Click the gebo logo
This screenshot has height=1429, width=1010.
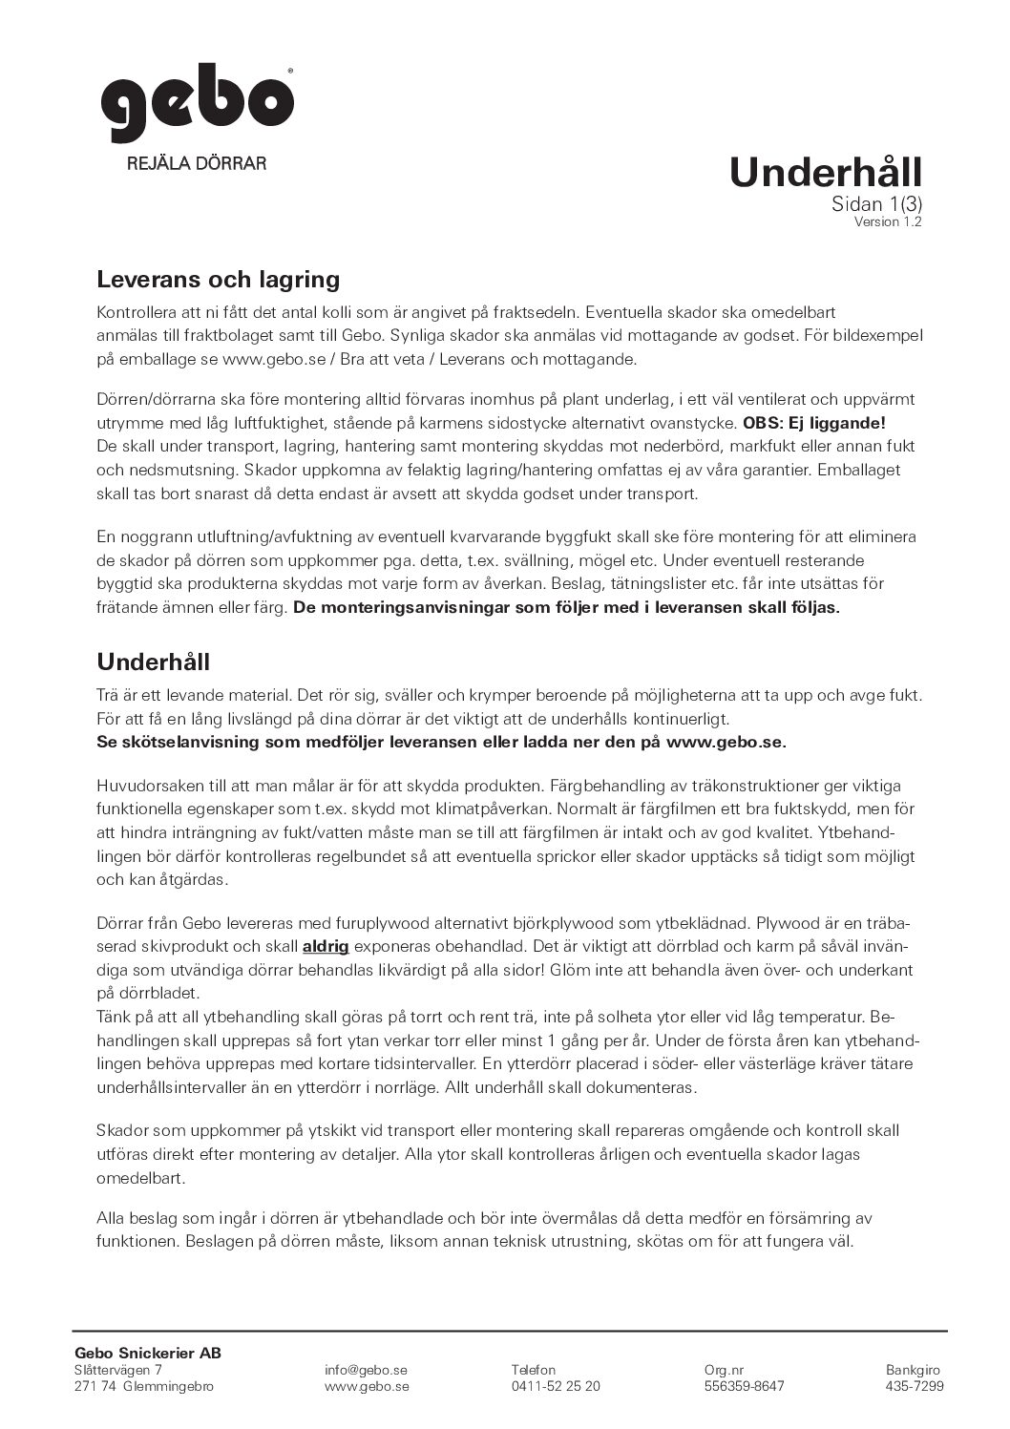(x=198, y=104)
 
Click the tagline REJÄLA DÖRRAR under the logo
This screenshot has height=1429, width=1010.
(x=197, y=163)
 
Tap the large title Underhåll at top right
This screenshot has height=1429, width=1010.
(x=825, y=173)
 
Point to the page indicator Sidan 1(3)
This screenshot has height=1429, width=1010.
(x=876, y=203)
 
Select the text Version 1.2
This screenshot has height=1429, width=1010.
(x=888, y=222)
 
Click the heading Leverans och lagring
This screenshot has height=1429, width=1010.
(x=219, y=280)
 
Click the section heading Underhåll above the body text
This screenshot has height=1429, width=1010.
(x=153, y=662)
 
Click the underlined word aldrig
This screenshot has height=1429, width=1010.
(x=326, y=947)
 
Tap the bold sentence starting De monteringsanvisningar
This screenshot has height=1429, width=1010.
(x=566, y=608)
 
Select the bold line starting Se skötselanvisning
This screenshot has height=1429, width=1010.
(x=442, y=743)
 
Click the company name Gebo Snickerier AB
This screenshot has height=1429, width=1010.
(x=148, y=1353)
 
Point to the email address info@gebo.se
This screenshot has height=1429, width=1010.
(x=368, y=1370)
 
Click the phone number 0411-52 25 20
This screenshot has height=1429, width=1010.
(x=556, y=1386)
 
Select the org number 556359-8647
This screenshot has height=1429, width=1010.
(x=744, y=1386)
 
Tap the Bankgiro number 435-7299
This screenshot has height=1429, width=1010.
(x=915, y=1386)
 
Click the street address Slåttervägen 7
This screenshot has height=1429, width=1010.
(x=117, y=1370)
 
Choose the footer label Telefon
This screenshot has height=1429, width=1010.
(x=533, y=1370)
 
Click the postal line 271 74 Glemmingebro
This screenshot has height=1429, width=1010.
(x=143, y=1386)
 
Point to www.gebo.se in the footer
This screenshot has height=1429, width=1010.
(x=367, y=1386)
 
